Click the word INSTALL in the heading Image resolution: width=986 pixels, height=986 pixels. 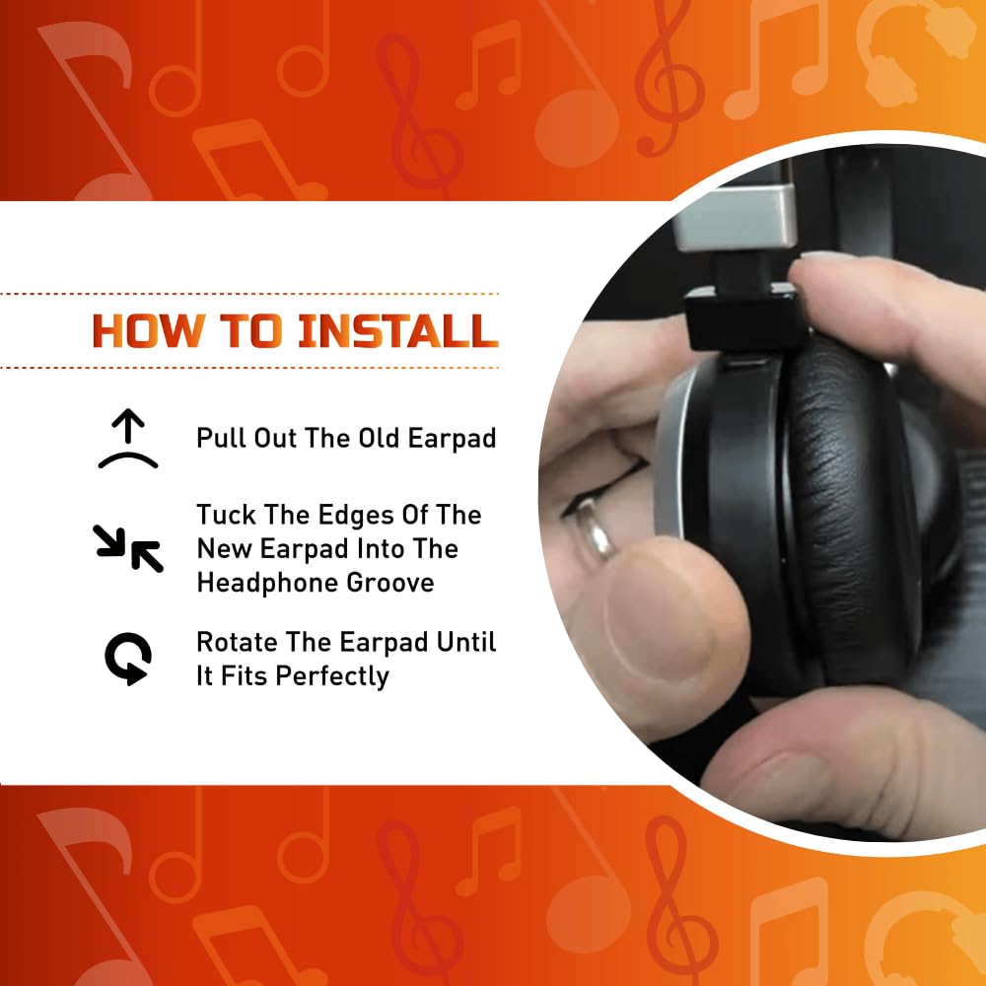click(397, 330)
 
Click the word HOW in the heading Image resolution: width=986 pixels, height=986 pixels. click(149, 330)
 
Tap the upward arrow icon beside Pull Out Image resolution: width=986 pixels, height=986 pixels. click(128, 439)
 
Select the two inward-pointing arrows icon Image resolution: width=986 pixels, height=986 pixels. click(127, 548)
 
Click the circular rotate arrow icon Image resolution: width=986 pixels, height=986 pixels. click(127, 658)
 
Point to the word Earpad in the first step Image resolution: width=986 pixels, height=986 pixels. click(453, 439)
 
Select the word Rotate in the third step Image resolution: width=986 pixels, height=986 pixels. click(237, 642)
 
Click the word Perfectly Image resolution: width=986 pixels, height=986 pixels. click(332, 676)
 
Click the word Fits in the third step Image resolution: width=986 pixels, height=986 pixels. click(245, 676)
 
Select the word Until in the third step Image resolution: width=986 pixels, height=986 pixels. click(466, 642)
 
